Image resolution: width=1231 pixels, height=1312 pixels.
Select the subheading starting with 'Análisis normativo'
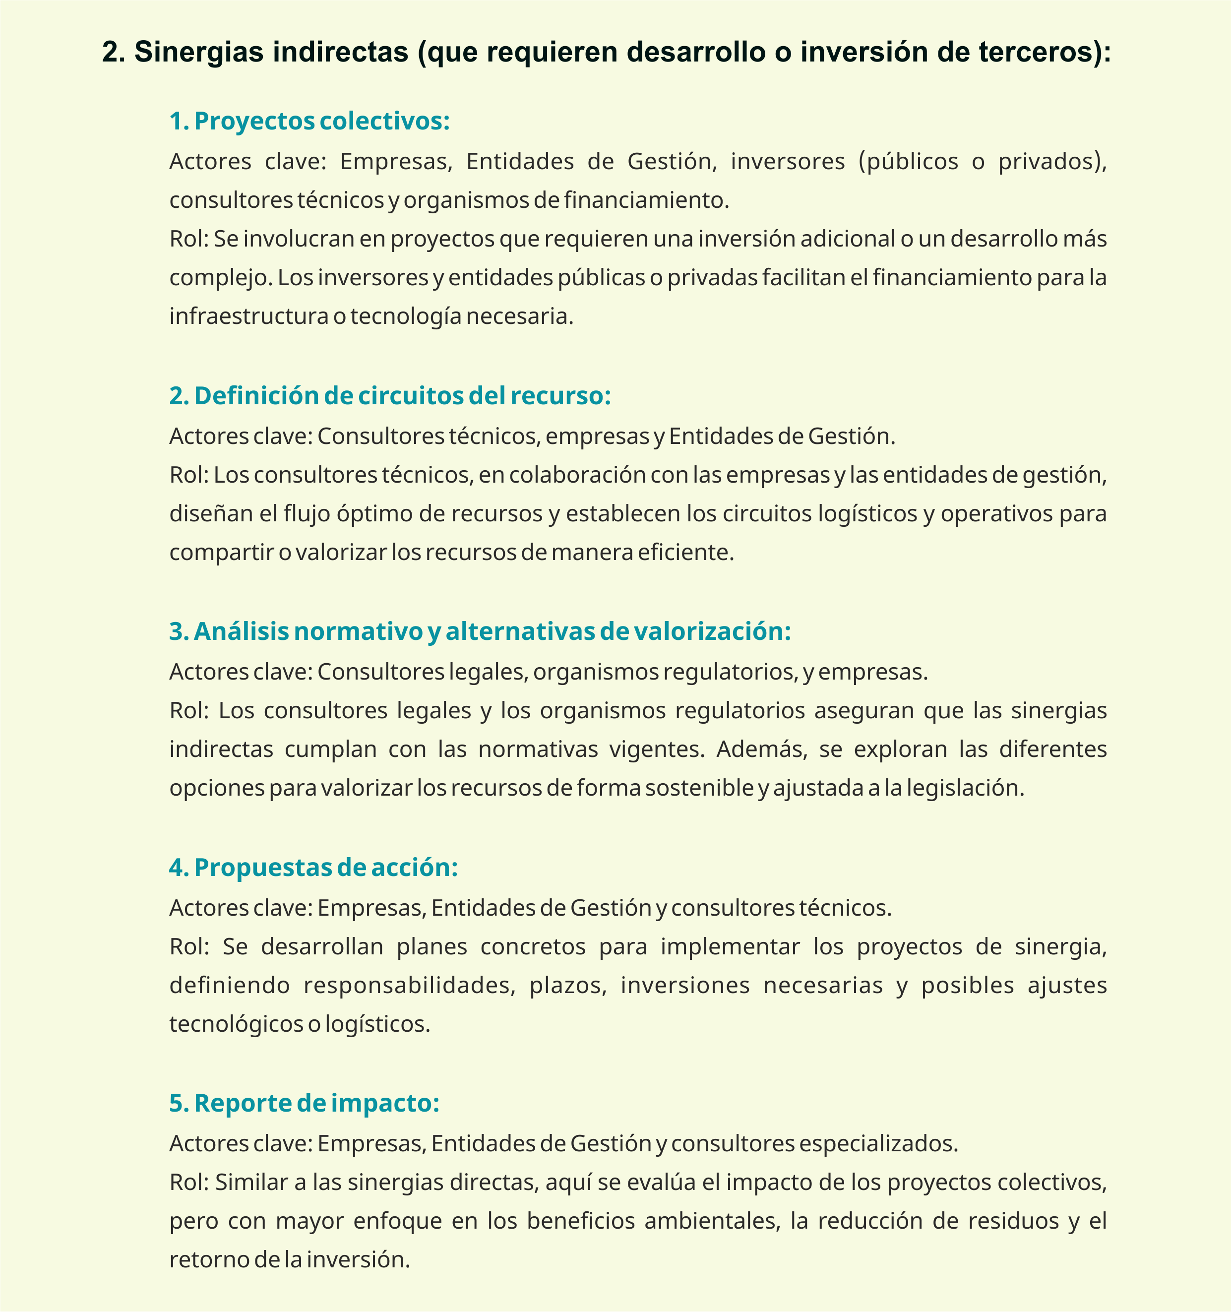click(x=480, y=631)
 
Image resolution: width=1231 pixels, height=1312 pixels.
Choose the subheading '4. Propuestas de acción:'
click(x=313, y=867)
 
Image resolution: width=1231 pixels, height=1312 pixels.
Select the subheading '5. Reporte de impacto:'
click(x=304, y=1103)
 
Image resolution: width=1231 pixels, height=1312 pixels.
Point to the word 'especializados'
click(x=878, y=1143)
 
